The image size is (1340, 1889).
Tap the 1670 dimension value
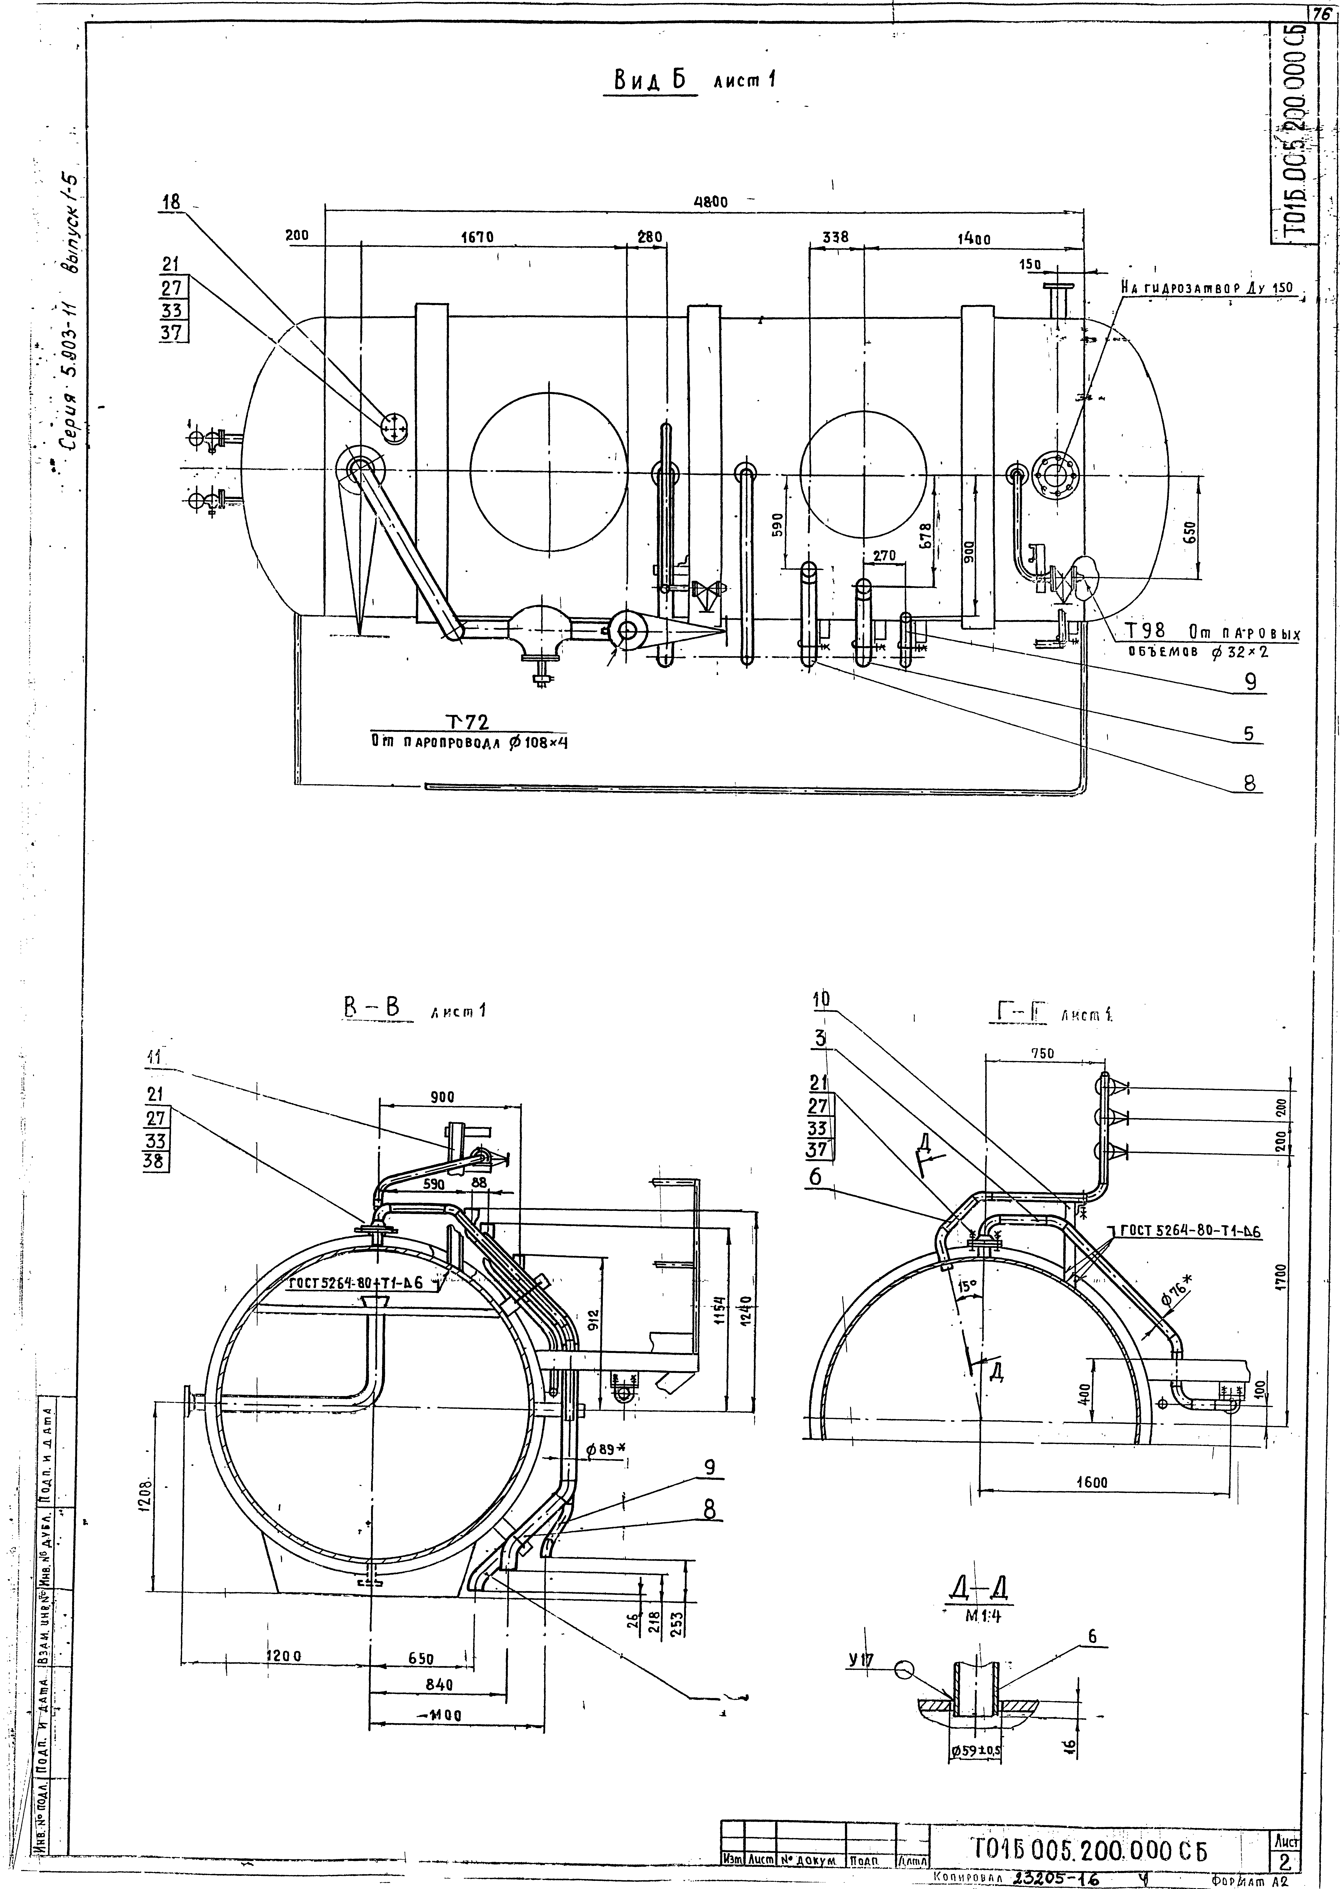pos(477,237)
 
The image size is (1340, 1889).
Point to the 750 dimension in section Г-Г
pos(1043,1053)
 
